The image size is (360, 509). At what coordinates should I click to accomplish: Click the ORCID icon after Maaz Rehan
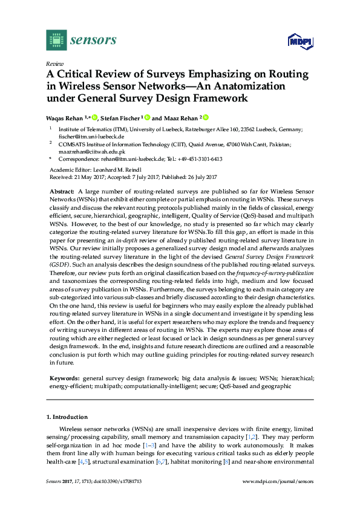(x=205, y=117)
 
